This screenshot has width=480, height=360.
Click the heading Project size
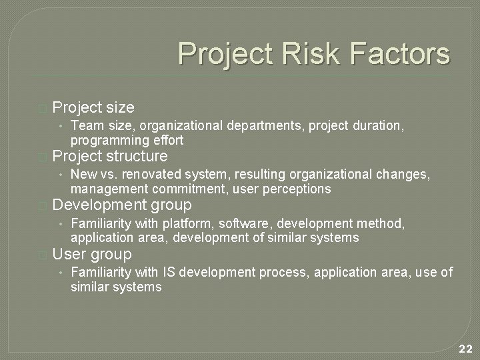93,107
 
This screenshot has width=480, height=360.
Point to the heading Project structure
110,157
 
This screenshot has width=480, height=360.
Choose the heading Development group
122,205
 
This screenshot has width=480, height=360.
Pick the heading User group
92,254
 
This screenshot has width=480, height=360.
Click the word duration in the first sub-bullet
381,125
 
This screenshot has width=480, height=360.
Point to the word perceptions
298,189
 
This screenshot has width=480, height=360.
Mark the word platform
191,223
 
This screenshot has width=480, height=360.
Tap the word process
281,272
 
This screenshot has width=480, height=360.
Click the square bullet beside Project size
43,108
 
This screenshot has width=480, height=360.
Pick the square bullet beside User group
43,255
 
